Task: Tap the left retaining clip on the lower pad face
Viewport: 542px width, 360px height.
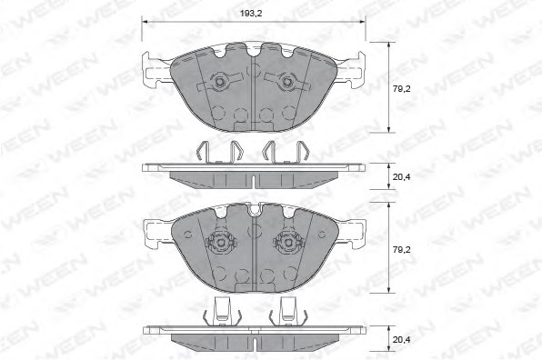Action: click(x=218, y=243)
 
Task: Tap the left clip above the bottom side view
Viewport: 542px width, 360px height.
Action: click(x=218, y=311)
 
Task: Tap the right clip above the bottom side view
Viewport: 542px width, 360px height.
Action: click(x=290, y=311)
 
